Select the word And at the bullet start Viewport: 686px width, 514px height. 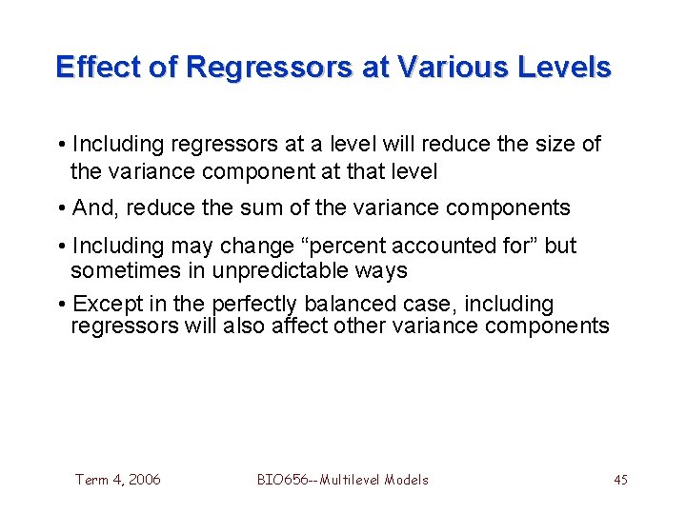(x=92, y=208)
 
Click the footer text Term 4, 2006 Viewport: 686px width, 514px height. (x=118, y=480)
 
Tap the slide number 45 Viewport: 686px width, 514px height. (x=620, y=480)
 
